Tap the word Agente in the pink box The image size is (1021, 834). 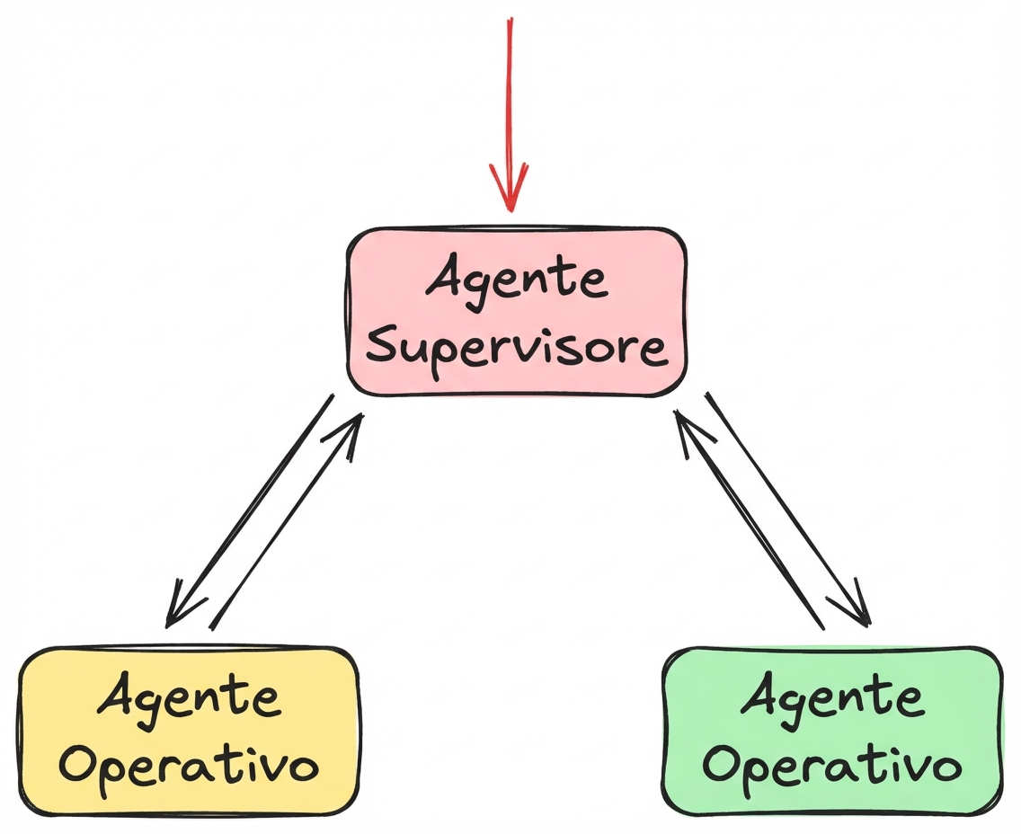pyautogui.click(x=518, y=280)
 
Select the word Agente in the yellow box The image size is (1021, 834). pyautogui.click(x=190, y=699)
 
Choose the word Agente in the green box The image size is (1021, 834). pyautogui.click(x=832, y=698)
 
